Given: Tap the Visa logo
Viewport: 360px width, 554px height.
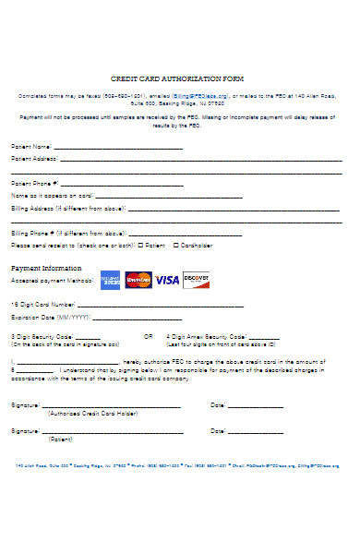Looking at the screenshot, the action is pos(167,279).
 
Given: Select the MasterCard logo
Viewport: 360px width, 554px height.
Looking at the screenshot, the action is pos(138,279).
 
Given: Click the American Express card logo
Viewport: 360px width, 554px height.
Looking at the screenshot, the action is pos(110,279).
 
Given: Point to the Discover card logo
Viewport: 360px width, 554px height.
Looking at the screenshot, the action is pos(196,278).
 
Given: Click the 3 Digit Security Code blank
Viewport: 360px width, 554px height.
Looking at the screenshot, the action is pos(88,337).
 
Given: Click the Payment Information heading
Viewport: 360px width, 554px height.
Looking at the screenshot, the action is pos(45,268).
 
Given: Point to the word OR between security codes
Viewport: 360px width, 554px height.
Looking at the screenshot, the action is pos(148,336).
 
